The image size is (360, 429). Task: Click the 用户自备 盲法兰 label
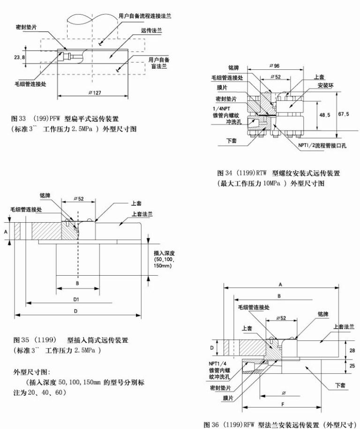(x=158, y=63)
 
